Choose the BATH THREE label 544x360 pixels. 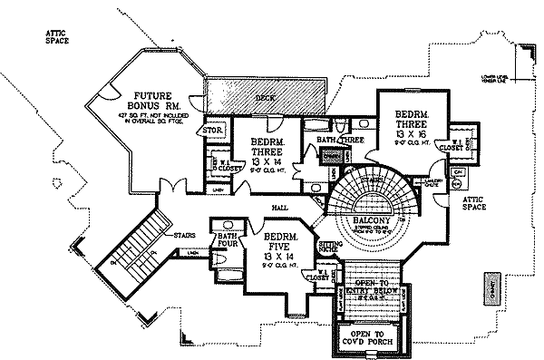(x=340, y=141)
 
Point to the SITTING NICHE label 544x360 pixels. (x=329, y=247)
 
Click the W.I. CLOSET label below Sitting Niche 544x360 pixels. (x=316, y=274)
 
